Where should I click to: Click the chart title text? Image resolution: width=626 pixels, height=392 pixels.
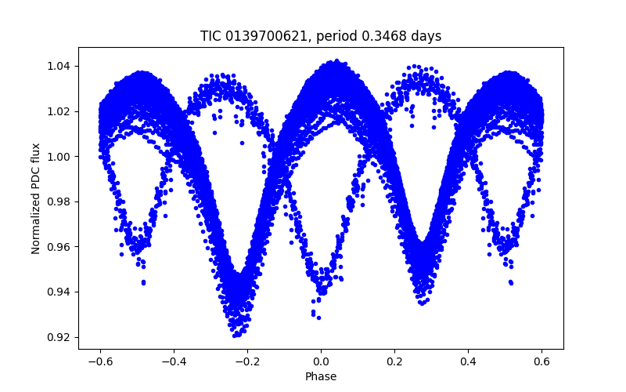tap(321, 36)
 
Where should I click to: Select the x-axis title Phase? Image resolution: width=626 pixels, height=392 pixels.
tap(321, 376)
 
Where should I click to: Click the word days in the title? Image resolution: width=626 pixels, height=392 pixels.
tap(427, 36)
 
